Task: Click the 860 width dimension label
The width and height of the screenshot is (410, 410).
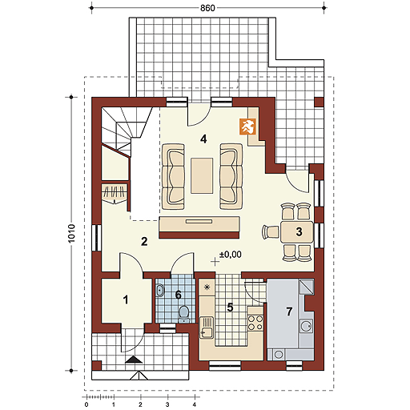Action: click(x=207, y=8)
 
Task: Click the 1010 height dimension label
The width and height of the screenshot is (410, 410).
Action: click(x=71, y=233)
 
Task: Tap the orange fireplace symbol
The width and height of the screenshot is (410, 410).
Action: click(x=247, y=127)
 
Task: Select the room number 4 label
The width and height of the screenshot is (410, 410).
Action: click(x=203, y=139)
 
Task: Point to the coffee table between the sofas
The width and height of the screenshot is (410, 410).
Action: click(x=202, y=175)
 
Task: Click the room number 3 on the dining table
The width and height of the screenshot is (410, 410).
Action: click(x=299, y=231)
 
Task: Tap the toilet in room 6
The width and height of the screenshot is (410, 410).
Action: click(x=184, y=314)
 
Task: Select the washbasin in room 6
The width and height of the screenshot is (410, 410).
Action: click(x=160, y=290)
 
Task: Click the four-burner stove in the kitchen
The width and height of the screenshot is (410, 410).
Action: click(x=255, y=323)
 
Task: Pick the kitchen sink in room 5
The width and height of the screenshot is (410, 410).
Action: click(x=207, y=328)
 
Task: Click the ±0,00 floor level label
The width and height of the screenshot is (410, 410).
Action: click(x=231, y=255)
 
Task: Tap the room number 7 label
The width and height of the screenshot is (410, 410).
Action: click(x=289, y=312)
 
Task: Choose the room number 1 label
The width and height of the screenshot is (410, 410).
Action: click(x=126, y=299)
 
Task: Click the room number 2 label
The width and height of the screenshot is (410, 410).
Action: click(x=144, y=242)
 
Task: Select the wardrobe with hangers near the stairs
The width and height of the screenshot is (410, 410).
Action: click(x=115, y=194)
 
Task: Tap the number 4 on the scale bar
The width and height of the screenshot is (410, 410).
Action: click(x=194, y=404)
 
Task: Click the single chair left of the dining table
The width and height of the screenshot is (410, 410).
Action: click(x=271, y=231)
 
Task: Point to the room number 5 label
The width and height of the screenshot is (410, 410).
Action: click(x=230, y=307)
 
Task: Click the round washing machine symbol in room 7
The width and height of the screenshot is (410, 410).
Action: click(x=279, y=355)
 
